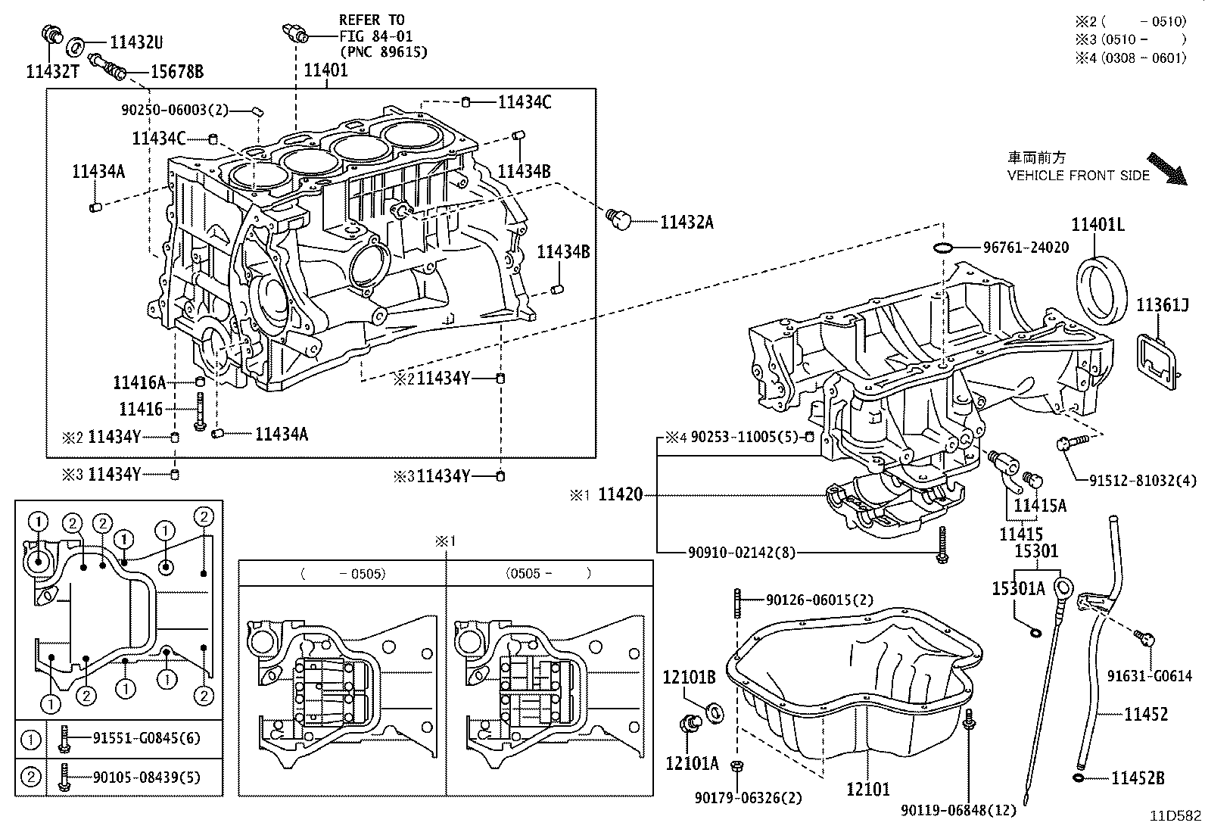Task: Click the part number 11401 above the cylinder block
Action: [x=325, y=70]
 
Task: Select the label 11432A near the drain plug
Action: [x=687, y=222]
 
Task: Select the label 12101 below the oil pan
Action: [x=868, y=790]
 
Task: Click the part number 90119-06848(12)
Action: [x=958, y=811]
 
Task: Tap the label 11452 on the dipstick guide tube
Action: [x=1146, y=714]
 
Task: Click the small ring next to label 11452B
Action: [x=1079, y=778]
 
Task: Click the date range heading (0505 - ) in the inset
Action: [x=548, y=574]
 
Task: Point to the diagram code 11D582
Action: [x=1175, y=816]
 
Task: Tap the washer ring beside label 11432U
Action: [x=76, y=47]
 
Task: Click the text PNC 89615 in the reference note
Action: [x=384, y=51]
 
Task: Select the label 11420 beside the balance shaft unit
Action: [x=620, y=495]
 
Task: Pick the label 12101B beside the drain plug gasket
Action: [x=689, y=678]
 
